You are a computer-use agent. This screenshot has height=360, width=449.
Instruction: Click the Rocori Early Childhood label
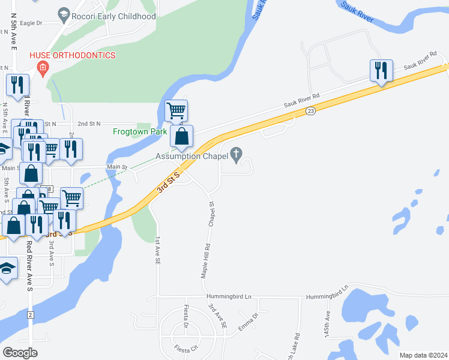113,16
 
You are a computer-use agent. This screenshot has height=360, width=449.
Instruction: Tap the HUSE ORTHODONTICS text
73,56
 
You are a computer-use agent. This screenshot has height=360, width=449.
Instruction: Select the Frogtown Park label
139,131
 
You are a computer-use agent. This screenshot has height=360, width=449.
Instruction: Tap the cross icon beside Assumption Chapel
237,155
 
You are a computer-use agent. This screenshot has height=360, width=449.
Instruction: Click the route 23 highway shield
310,111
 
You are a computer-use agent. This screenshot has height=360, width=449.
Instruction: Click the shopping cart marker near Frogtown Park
176,110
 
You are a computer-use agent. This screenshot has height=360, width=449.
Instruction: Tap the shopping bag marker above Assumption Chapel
181,136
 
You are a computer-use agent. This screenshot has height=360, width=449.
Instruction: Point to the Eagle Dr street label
31,23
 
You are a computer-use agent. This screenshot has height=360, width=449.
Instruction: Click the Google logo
20,353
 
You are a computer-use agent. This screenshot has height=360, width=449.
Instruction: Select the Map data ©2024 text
423,355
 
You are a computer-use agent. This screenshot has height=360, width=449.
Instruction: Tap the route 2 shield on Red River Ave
29,314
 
